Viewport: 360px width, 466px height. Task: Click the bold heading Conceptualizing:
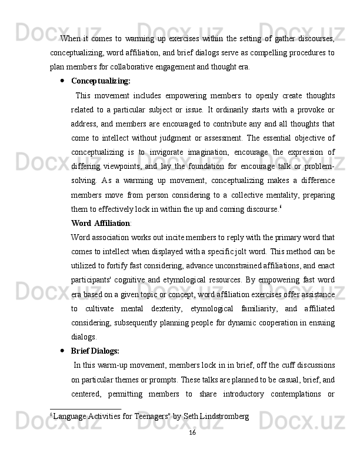pyautogui.click(x=101, y=81)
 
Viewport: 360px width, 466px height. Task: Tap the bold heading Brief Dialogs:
pyautogui.click(x=95, y=351)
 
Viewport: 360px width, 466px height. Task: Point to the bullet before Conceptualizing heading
pyautogui.click(x=62, y=81)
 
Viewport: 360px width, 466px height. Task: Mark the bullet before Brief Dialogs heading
pyautogui.click(x=62, y=351)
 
